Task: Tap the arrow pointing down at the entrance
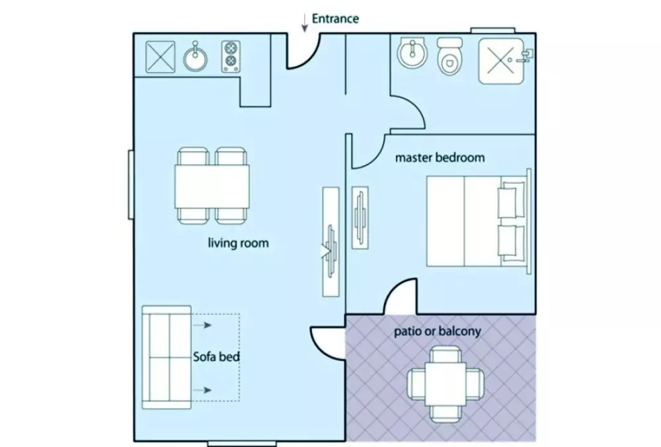(304, 24)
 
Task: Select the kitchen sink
(196, 58)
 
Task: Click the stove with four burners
(230, 56)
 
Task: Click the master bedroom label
(440, 158)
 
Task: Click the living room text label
(238, 243)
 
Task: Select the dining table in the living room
(213, 185)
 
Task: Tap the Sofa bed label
(215, 357)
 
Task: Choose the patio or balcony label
(436, 331)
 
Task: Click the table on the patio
(440, 384)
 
